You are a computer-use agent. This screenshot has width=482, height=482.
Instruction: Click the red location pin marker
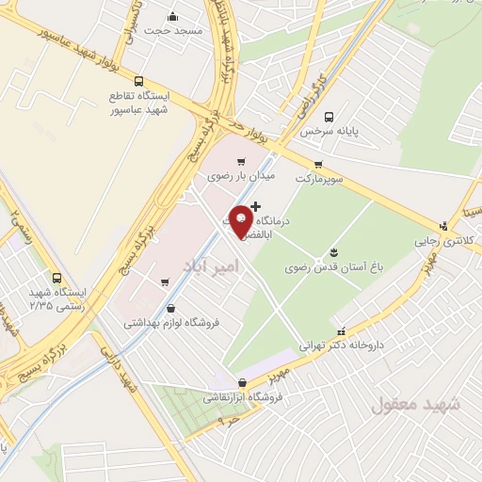point(243,220)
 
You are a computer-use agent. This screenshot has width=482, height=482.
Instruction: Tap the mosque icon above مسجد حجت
point(172,16)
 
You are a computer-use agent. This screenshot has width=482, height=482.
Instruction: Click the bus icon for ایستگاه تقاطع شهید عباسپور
point(139,82)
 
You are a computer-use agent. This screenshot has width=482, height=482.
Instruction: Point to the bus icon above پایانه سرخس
point(329,118)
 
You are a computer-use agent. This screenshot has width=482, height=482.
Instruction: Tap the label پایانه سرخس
point(325,133)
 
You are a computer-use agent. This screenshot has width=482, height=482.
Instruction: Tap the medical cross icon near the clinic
point(255,206)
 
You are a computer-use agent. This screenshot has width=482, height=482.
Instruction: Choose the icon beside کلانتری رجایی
point(442,226)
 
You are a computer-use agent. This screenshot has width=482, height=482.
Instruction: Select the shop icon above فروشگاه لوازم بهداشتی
point(169,307)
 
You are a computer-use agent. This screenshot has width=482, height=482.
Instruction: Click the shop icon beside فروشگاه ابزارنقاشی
point(243,382)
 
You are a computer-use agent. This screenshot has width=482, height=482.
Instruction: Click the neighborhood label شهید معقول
point(414,405)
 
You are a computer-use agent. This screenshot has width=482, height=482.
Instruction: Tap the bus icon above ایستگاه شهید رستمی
point(56,279)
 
